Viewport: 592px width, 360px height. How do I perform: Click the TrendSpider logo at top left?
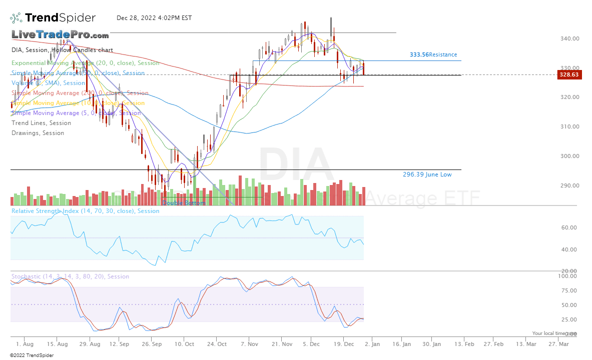(53, 18)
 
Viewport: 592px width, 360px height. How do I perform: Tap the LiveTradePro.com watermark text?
(60, 35)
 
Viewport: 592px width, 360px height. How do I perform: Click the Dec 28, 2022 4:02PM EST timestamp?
(154, 18)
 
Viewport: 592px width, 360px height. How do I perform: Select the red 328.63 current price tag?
(568, 74)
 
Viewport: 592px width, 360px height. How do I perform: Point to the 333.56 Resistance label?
(433, 54)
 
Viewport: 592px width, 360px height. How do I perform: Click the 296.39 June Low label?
(427, 174)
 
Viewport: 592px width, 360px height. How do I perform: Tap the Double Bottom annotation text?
(183, 203)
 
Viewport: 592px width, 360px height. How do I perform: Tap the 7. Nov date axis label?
(249, 344)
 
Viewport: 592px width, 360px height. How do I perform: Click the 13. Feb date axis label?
(463, 344)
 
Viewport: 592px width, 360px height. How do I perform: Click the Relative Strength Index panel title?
(85, 211)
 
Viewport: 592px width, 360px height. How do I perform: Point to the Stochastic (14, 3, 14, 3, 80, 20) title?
(70, 276)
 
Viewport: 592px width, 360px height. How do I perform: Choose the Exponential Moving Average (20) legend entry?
(85, 63)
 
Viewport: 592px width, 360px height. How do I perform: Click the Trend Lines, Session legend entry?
(41, 123)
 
